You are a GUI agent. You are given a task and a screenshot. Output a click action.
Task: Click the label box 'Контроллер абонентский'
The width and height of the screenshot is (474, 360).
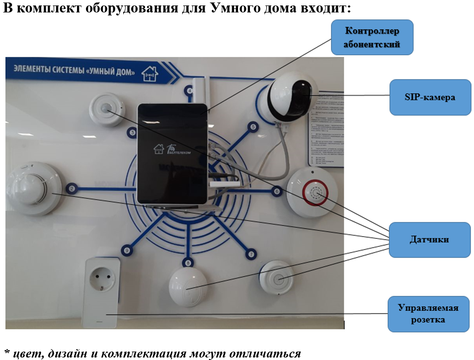(x=372, y=38)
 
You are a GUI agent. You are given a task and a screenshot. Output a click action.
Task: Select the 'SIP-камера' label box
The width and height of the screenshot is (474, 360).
(x=430, y=97)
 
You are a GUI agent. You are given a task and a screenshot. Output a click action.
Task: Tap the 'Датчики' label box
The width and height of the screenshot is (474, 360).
(x=429, y=240)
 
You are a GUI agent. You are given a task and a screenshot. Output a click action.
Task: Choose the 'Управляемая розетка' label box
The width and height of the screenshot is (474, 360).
(x=428, y=314)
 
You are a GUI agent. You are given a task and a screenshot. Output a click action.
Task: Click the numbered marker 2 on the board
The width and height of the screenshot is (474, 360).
(x=72, y=188)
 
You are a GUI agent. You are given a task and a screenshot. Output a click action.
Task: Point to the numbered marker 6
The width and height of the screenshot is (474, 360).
(x=277, y=190)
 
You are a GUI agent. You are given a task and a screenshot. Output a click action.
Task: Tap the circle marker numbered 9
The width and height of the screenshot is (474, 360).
(x=127, y=251)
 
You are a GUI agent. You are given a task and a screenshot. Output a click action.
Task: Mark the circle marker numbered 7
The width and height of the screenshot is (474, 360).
(x=251, y=254)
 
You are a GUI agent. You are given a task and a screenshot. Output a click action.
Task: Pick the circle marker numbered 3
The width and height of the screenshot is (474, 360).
(x=132, y=132)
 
